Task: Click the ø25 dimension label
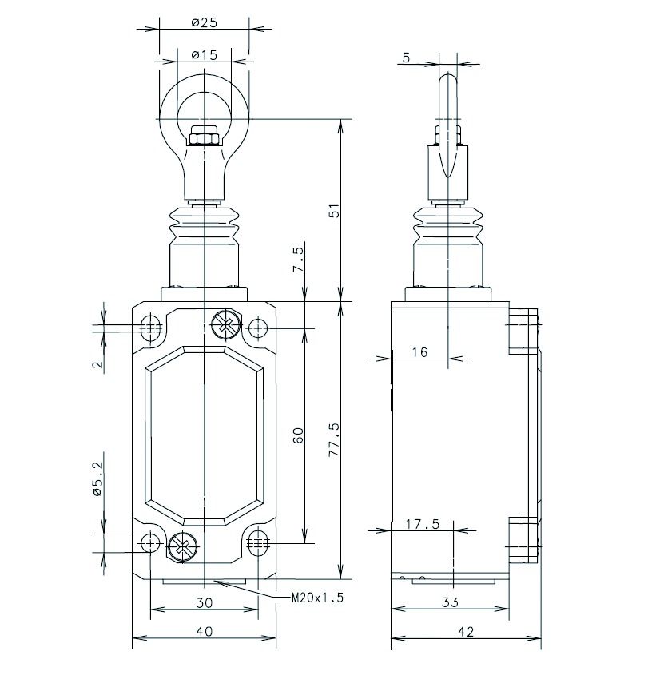point(205,22)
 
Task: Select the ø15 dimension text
point(205,54)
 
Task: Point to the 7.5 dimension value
point(298,259)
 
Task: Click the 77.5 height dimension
point(334,439)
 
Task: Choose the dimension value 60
point(298,435)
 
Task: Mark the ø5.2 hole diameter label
point(97,478)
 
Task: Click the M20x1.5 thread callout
point(317,598)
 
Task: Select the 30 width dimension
point(205,602)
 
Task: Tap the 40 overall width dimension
point(205,632)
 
